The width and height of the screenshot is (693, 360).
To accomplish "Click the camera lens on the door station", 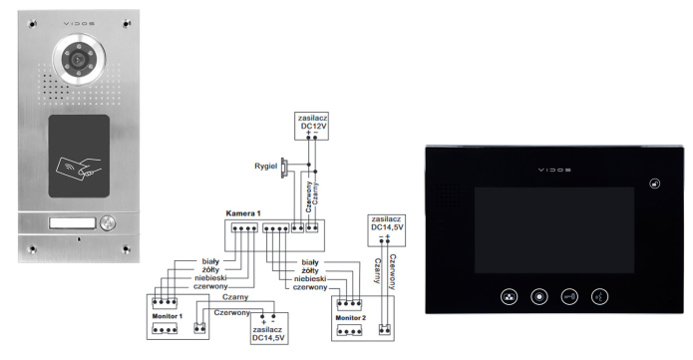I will coord(75,60).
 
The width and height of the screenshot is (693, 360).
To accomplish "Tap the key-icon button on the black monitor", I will coord(569,296).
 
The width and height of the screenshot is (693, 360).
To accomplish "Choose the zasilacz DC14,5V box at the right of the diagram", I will coord(387,225).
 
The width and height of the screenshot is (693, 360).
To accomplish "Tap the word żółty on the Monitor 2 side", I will coord(310,269).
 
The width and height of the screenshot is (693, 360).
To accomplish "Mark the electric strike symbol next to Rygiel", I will coord(284,166).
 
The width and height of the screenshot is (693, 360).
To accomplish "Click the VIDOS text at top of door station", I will coord(76,20).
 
